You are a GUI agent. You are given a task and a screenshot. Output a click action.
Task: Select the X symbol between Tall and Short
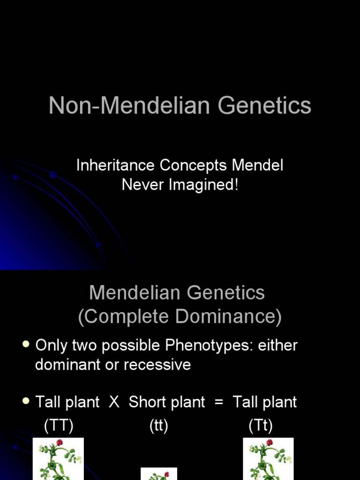pyautogui.click(x=114, y=402)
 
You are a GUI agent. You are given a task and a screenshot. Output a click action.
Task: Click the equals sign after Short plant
pyautogui.click(x=218, y=402)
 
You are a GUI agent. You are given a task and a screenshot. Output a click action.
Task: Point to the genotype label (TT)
pyautogui.click(x=59, y=426)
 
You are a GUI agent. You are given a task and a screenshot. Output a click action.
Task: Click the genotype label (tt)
pyautogui.click(x=159, y=426)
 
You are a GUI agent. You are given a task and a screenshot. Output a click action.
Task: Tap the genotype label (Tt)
pyautogui.click(x=261, y=426)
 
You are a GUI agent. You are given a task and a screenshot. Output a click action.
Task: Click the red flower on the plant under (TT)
pyautogui.click(x=60, y=442)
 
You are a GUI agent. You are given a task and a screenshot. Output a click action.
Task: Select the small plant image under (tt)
pyautogui.click(x=159, y=474)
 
